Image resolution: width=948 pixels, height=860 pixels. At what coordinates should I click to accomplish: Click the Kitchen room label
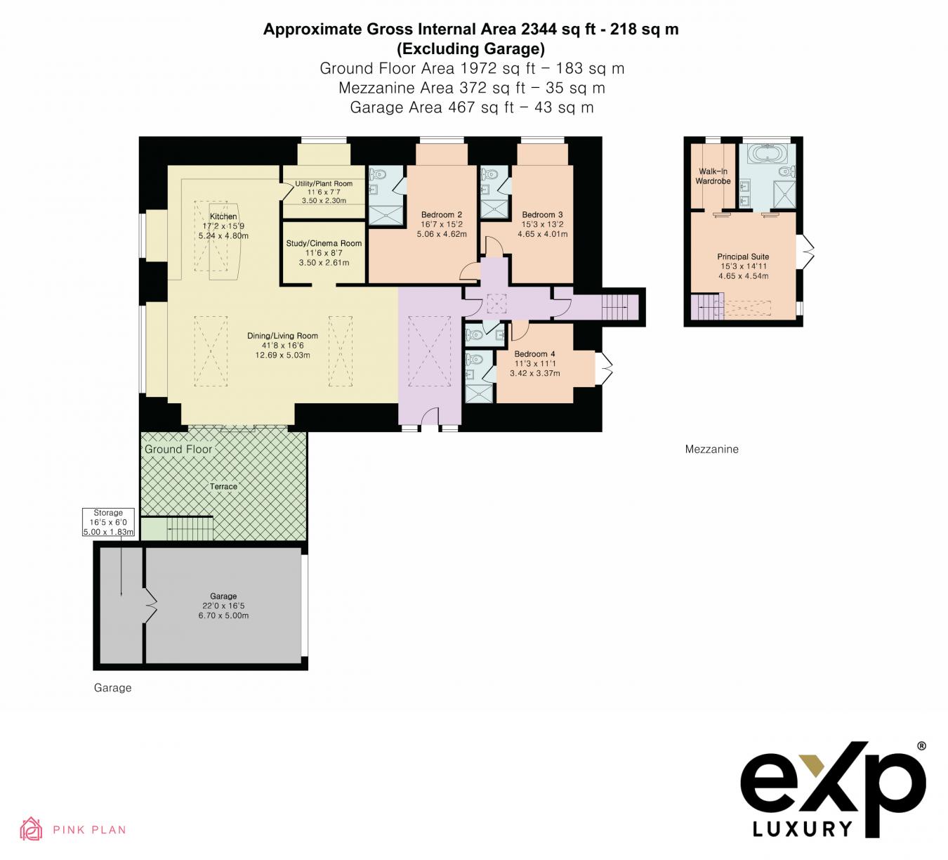[223, 216]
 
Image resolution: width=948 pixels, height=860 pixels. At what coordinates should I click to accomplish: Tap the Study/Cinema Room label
[324, 244]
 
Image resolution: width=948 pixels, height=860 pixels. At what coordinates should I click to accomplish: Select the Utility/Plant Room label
[324, 184]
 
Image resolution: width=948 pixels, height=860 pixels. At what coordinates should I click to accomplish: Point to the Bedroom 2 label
[441, 215]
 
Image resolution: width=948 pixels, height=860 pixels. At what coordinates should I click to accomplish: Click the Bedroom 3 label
[542, 215]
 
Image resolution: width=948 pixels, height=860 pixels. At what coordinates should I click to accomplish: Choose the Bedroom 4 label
[534, 354]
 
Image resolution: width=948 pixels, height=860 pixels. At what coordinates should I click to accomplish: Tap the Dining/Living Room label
[282, 336]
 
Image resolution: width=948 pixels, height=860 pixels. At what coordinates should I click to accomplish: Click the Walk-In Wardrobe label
[713, 176]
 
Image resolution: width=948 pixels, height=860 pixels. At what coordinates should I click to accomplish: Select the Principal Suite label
[743, 257]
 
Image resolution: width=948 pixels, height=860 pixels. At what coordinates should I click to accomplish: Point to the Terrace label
[223, 486]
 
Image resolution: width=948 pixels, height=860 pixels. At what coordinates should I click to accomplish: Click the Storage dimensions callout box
[108, 523]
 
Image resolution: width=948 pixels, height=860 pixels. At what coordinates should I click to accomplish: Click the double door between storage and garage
[150, 606]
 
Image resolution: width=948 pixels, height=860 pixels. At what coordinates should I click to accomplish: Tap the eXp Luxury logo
[834, 790]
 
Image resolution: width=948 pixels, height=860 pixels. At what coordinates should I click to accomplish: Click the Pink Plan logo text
[89, 830]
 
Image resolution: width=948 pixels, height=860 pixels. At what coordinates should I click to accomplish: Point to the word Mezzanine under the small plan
[711, 449]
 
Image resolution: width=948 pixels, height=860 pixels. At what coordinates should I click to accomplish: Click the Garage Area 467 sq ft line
[471, 107]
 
